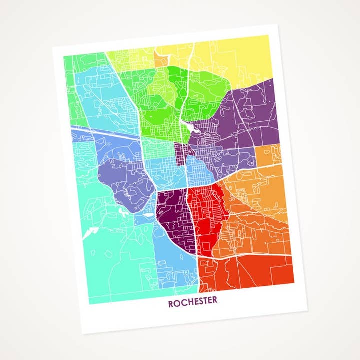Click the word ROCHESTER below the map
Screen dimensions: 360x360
click(192, 303)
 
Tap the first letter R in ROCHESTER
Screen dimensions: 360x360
click(171, 303)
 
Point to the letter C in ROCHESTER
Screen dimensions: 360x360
click(183, 303)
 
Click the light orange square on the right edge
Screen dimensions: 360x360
click(269, 155)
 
